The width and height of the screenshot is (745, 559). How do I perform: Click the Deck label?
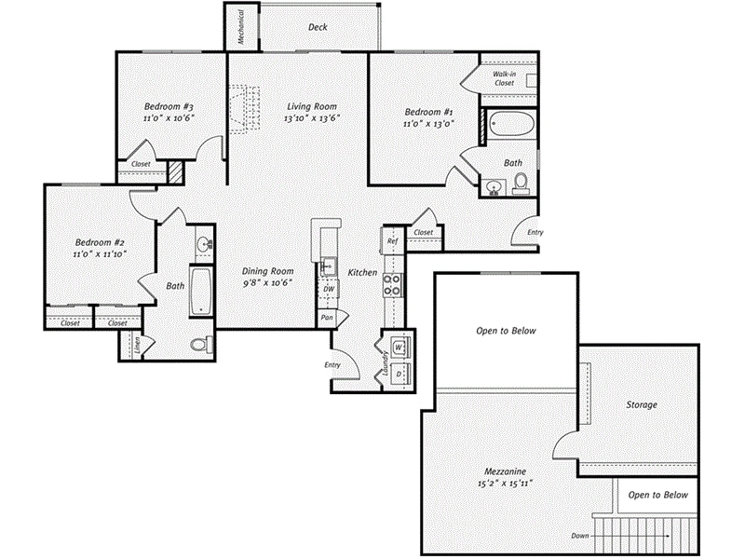[318, 27]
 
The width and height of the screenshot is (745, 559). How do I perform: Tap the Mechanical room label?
[240, 28]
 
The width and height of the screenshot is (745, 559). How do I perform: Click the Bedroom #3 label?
[169, 105]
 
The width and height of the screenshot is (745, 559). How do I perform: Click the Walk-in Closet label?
[504, 77]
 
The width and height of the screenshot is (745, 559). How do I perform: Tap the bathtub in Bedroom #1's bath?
[509, 125]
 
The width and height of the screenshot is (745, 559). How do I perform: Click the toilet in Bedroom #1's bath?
[521, 181]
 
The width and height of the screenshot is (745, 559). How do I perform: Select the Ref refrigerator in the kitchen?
[392, 240]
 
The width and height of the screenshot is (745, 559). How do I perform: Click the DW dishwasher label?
[328, 290]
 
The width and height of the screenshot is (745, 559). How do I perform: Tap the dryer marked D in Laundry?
[398, 372]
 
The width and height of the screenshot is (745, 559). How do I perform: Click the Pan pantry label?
[326, 318]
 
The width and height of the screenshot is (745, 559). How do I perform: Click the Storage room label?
[641, 405]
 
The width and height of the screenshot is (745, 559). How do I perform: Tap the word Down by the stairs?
[580, 537]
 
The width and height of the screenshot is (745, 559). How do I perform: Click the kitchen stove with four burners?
[393, 281]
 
